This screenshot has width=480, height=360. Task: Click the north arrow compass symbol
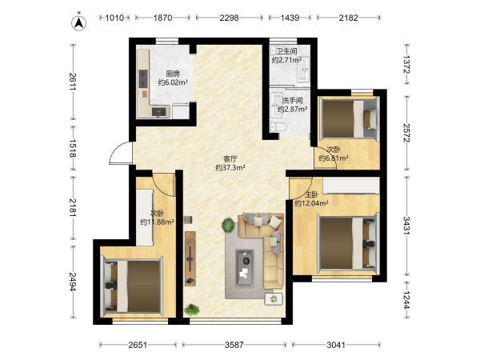click(78, 22)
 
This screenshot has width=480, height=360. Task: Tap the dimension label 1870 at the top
click(162, 18)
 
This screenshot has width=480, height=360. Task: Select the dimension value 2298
click(229, 18)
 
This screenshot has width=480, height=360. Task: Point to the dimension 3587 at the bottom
click(234, 345)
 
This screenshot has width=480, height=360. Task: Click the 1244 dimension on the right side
click(406, 300)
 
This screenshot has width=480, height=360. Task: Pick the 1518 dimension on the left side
click(73, 149)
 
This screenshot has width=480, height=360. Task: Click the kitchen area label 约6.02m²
click(173, 82)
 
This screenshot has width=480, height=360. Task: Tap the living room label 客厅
click(230, 159)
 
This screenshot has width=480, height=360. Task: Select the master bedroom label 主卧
click(312, 194)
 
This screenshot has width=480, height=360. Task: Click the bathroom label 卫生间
click(287, 51)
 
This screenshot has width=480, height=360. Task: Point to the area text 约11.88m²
click(158, 222)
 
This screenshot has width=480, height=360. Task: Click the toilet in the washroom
click(278, 127)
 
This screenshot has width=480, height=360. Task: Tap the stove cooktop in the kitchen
click(143, 78)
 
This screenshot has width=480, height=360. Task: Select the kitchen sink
click(161, 112)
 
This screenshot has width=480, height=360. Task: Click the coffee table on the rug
click(245, 269)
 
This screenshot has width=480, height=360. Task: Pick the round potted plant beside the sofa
click(228, 226)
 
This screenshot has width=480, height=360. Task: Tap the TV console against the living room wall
click(190, 258)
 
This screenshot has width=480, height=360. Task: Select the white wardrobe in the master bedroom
click(351, 186)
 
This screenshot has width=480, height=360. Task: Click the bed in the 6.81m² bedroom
click(349, 118)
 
